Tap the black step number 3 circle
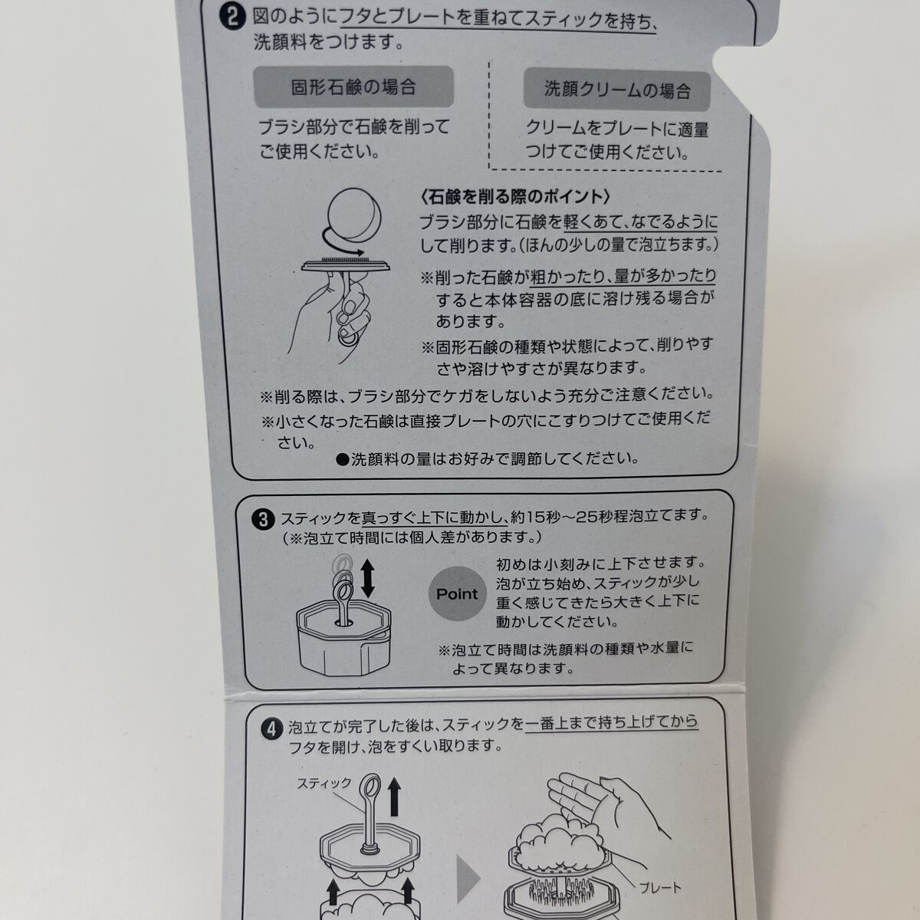pos(263,520)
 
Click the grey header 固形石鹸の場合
pos(353,87)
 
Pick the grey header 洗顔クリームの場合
pos(617,90)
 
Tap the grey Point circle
pos(457,593)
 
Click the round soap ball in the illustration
pos(355,215)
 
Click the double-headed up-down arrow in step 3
pos(368,578)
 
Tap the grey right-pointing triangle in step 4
pos(468,879)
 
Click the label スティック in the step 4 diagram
pos(324,784)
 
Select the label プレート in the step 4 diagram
pos(660,888)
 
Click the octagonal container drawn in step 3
pos(343,637)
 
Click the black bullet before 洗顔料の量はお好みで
pos(343,460)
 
